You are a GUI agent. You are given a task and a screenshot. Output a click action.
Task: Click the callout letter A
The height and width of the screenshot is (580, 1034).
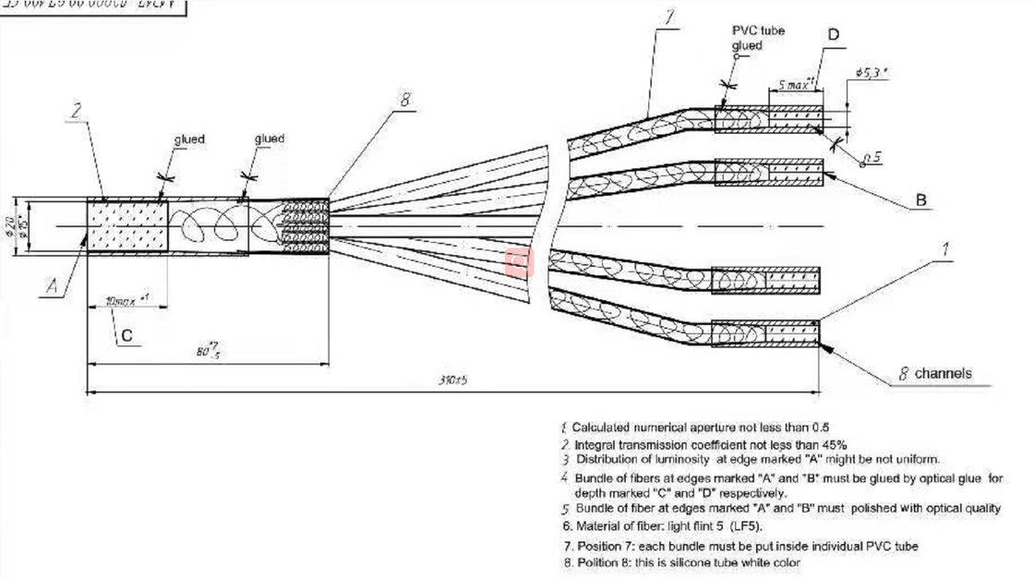[54, 288]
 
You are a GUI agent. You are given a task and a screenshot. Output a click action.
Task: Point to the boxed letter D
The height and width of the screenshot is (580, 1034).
[834, 36]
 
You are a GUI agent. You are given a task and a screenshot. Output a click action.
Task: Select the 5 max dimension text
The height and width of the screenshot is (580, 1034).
[794, 84]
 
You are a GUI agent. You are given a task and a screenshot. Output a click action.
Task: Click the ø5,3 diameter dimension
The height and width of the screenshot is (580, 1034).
[872, 72]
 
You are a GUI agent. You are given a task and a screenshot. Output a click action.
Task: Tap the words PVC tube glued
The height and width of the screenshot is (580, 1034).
[758, 38]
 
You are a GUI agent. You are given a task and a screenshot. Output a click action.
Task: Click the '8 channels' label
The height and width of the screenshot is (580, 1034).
[936, 374]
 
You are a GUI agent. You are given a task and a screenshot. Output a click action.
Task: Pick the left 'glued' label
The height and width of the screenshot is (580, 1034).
[188, 139]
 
